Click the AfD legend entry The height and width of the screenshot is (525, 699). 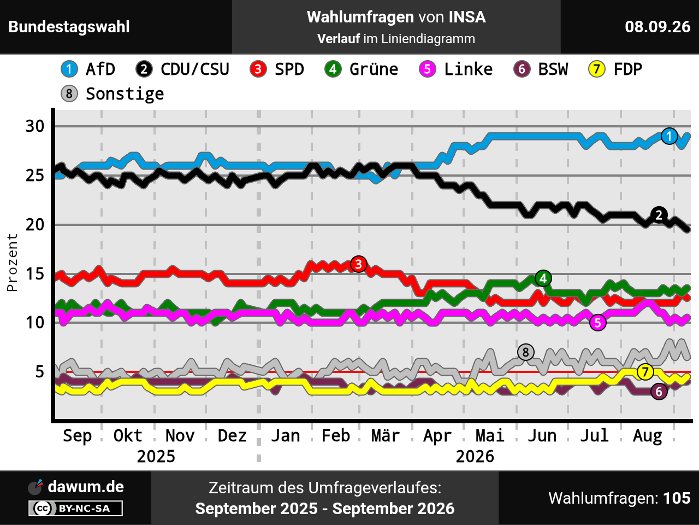[x=88, y=69]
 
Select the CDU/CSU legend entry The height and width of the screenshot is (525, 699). [x=182, y=69]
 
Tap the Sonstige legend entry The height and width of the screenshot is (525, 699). [x=112, y=94]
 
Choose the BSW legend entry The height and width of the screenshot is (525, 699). [x=541, y=69]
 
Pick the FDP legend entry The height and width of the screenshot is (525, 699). [x=615, y=69]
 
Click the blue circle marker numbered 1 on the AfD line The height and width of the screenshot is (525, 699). [x=669, y=136]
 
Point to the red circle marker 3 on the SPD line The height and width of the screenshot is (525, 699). [x=359, y=264]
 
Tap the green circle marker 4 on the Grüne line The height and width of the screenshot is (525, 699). [x=543, y=278]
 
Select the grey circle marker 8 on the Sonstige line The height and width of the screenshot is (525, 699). [x=526, y=352]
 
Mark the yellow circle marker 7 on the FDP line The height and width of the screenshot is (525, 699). [x=645, y=372]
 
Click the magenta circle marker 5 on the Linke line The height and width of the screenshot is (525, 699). [x=598, y=323]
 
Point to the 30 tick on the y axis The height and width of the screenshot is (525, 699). [x=35, y=126]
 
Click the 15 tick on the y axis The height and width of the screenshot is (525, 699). [x=35, y=274]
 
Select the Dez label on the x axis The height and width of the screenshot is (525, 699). [x=232, y=436]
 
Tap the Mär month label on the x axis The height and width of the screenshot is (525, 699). [x=386, y=436]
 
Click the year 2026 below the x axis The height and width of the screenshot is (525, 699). [x=475, y=457]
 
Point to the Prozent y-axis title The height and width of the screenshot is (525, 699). [x=12, y=262]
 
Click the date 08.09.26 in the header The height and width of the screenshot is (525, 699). [x=657, y=27]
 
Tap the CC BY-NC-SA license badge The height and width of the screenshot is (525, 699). [x=75, y=508]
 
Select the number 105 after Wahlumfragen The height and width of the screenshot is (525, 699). [x=677, y=498]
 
